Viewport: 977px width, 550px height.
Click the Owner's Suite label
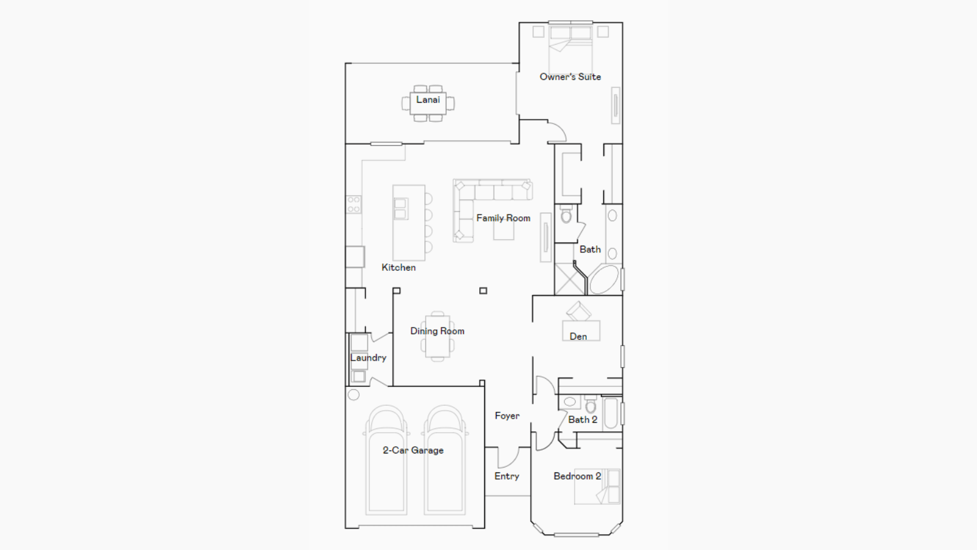(x=570, y=77)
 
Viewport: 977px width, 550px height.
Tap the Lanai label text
(x=428, y=100)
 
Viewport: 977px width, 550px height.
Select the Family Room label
(x=503, y=218)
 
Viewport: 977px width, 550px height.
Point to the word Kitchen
(x=399, y=267)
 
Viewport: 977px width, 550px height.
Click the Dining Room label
(x=437, y=331)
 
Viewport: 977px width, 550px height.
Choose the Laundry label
(x=368, y=358)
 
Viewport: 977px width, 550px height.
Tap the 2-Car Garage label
(x=413, y=450)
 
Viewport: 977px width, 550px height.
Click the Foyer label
(x=507, y=416)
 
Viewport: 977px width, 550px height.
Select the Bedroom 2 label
(x=577, y=476)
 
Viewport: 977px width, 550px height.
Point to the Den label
(x=578, y=336)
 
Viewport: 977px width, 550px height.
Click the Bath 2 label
(x=583, y=419)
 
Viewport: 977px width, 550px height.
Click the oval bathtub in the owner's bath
(x=604, y=279)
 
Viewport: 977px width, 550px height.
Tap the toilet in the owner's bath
(x=566, y=214)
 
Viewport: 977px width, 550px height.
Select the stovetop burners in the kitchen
(x=354, y=204)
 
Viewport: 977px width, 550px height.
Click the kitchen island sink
(x=401, y=208)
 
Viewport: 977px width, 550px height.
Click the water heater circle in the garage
(x=354, y=395)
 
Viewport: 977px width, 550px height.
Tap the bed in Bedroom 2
(x=597, y=486)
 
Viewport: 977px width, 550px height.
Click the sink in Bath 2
(x=570, y=402)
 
